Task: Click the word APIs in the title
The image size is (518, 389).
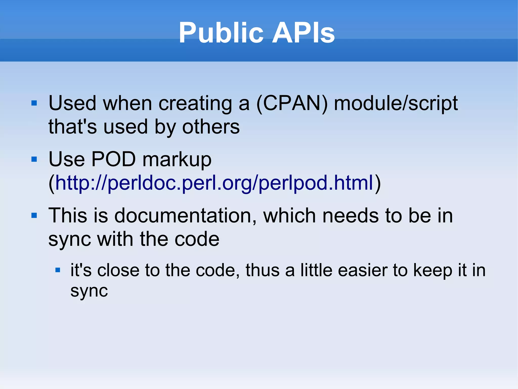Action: (x=303, y=33)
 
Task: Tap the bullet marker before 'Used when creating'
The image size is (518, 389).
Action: (x=34, y=103)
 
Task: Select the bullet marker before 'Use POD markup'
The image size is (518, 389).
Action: (x=34, y=159)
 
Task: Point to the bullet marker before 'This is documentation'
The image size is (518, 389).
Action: (x=34, y=216)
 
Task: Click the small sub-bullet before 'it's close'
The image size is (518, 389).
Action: (x=58, y=270)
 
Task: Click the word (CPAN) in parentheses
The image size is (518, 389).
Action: (x=292, y=103)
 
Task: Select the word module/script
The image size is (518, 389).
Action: (x=396, y=103)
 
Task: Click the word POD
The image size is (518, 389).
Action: (x=114, y=159)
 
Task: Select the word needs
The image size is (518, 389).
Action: (x=350, y=216)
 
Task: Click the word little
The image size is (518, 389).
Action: (x=316, y=270)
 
